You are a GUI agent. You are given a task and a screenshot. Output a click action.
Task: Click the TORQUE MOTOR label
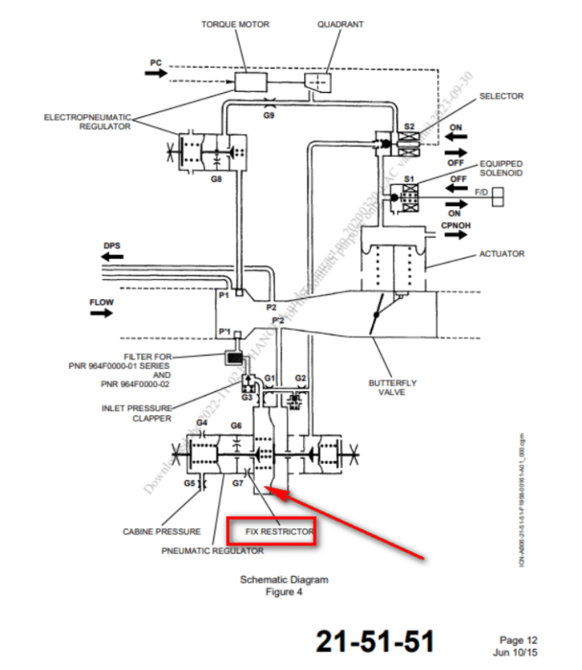pyautogui.click(x=235, y=24)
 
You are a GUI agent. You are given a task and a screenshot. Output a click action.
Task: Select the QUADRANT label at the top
pyautogui.click(x=340, y=24)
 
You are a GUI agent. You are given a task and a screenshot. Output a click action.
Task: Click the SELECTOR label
pyautogui.click(x=501, y=96)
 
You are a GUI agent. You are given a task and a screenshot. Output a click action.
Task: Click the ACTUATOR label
pyautogui.click(x=502, y=254)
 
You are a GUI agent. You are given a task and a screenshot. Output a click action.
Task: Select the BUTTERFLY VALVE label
pyautogui.click(x=392, y=388)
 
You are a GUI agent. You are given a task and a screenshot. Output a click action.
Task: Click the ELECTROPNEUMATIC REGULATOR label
pyautogui.click(x=87, y=121)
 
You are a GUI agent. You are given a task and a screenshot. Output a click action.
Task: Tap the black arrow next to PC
pyautogui.click(x=156, y=74)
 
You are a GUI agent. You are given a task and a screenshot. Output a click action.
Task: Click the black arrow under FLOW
pyautogui.click(x=101, y=312)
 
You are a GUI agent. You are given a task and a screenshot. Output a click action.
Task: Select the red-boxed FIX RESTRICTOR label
pyautogui.click(x=272, y=532)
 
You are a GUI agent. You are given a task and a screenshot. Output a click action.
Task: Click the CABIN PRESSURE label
pyautogui.click(x=162, y=532)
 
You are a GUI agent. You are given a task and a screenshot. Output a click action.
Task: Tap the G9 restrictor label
pyautogui.click(x=269, y=114)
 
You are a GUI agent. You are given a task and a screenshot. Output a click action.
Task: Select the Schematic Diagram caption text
pyautogui.click(x=284, y=580)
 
